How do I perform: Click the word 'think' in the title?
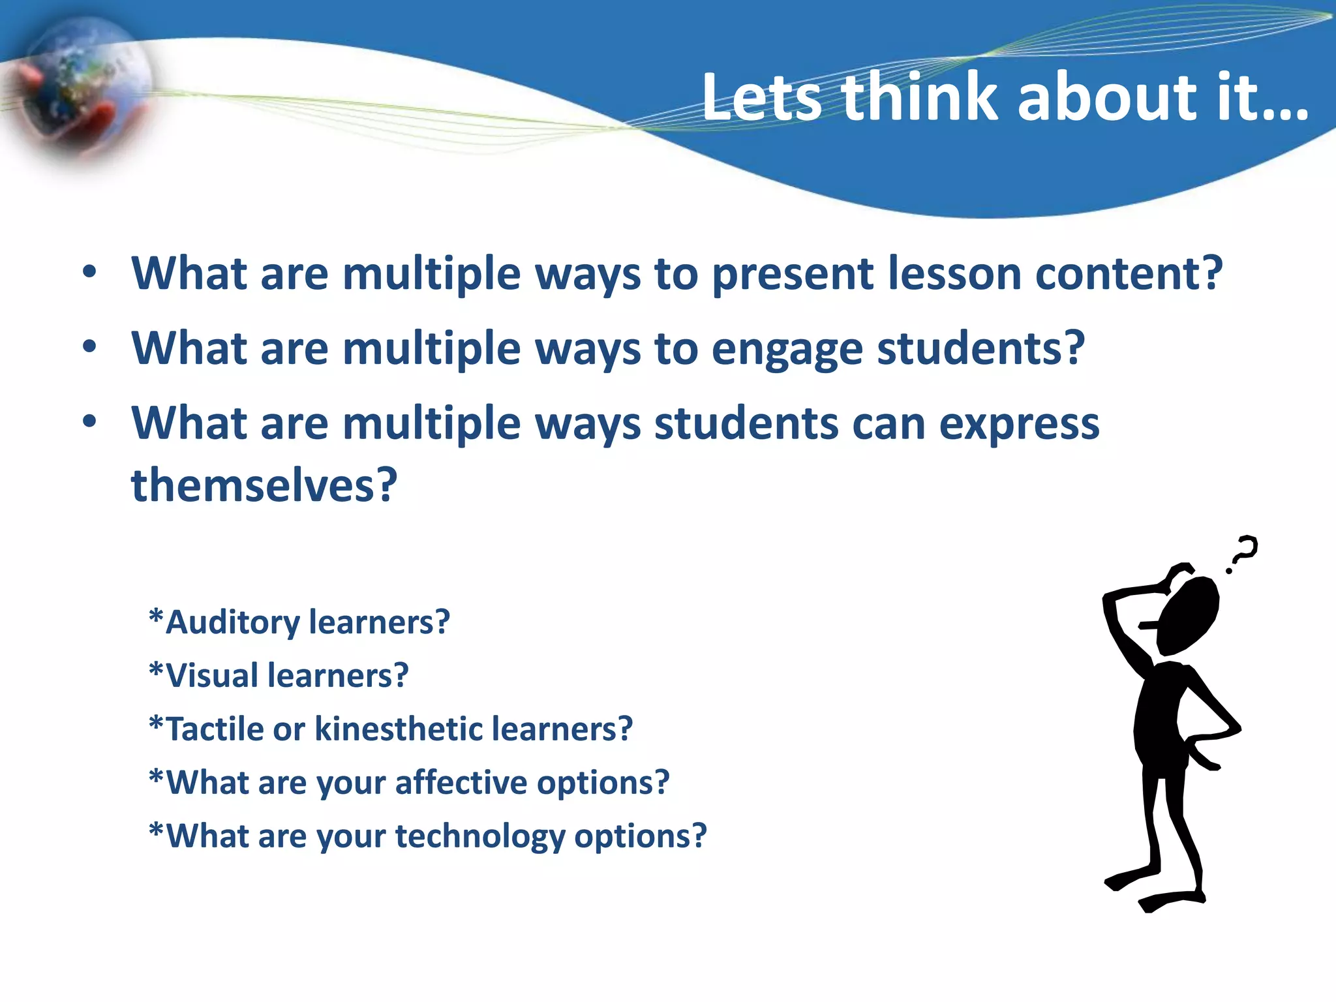click(x=920, y=98)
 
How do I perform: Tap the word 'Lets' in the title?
click(x=762, y=98)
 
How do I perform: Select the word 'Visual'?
click(x=212, y=676)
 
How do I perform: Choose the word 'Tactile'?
click(x=215, y=729)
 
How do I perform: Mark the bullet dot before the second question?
click(x=90, y=347)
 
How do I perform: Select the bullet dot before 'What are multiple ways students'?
click(x=90, y=422)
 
